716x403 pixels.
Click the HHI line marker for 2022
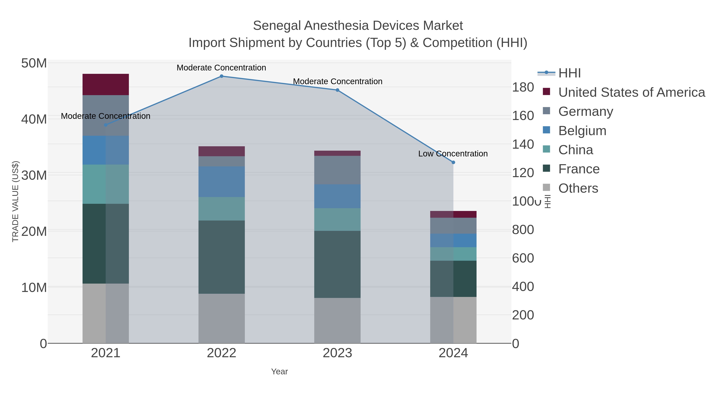click(222, 76)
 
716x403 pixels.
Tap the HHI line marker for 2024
click(453, 162)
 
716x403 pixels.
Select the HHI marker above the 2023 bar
click(338, 90)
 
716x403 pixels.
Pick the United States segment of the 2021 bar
click(106, 85)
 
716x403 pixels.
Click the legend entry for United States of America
click(631, 92)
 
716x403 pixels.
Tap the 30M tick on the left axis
click(34, 175)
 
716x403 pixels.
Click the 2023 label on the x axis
click(338, 353)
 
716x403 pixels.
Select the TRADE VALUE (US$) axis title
click(15, 201)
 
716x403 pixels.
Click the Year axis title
click(279, 372)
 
